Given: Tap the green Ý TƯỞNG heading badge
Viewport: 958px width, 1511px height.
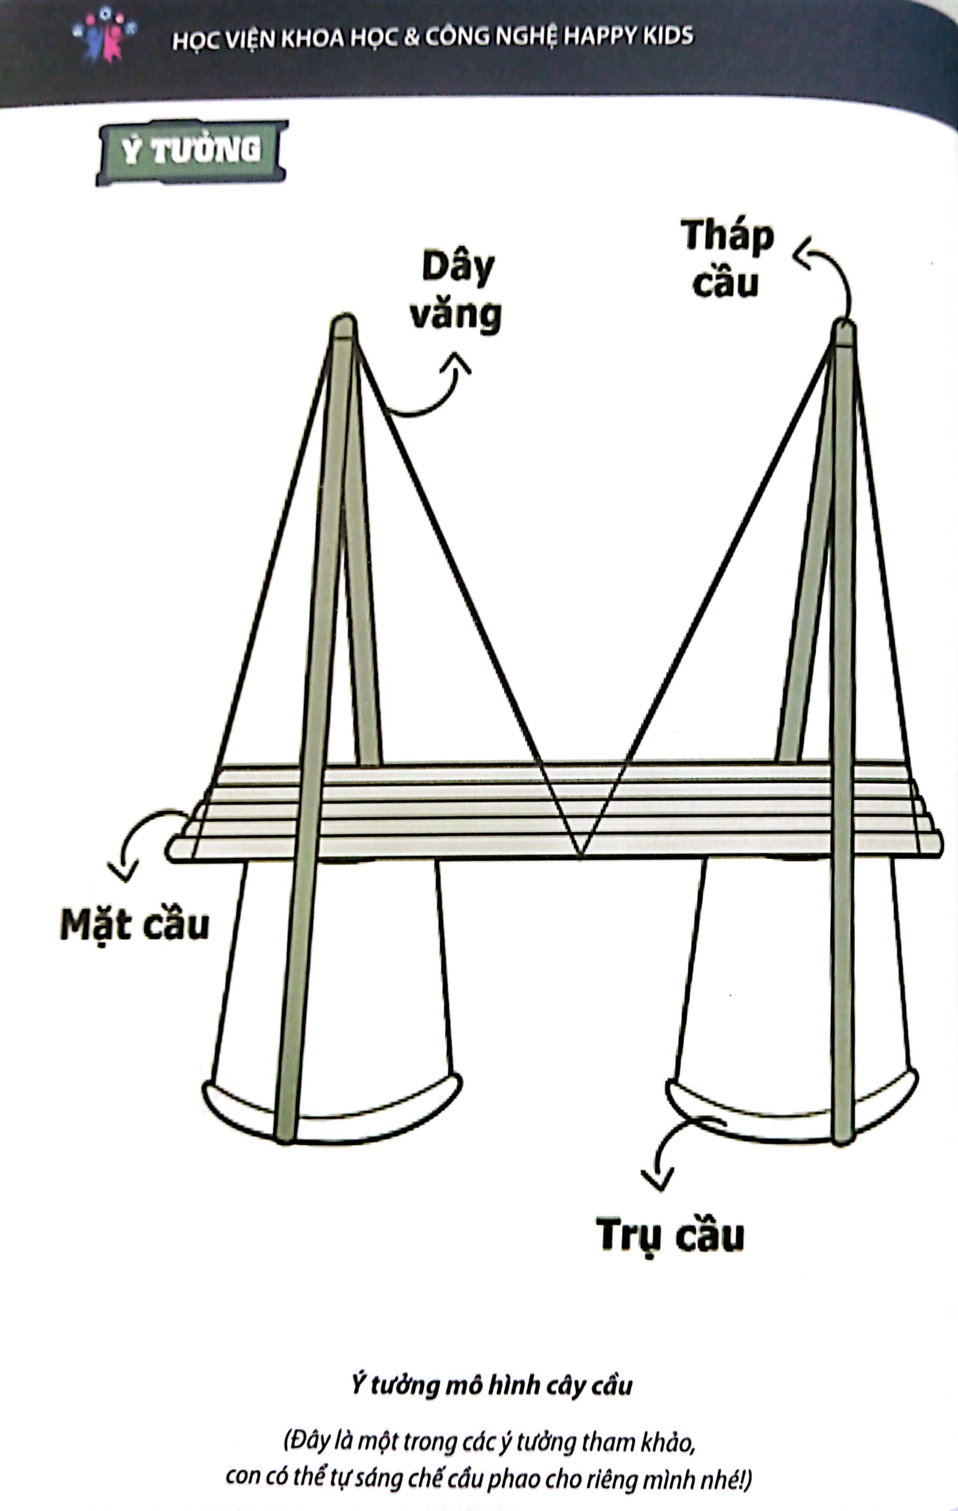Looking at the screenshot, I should (x=191, y=151).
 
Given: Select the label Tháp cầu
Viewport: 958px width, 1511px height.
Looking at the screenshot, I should (x=727, y=258).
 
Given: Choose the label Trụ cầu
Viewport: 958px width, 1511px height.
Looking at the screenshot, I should (x=670, y=1235).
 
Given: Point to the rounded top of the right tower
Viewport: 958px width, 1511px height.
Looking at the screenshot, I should (x=844, y=330).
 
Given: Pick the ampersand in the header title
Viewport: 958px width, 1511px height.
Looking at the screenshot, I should (x=411, y=38).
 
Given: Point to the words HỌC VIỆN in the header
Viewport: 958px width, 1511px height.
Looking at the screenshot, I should (x=224, y=40).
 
